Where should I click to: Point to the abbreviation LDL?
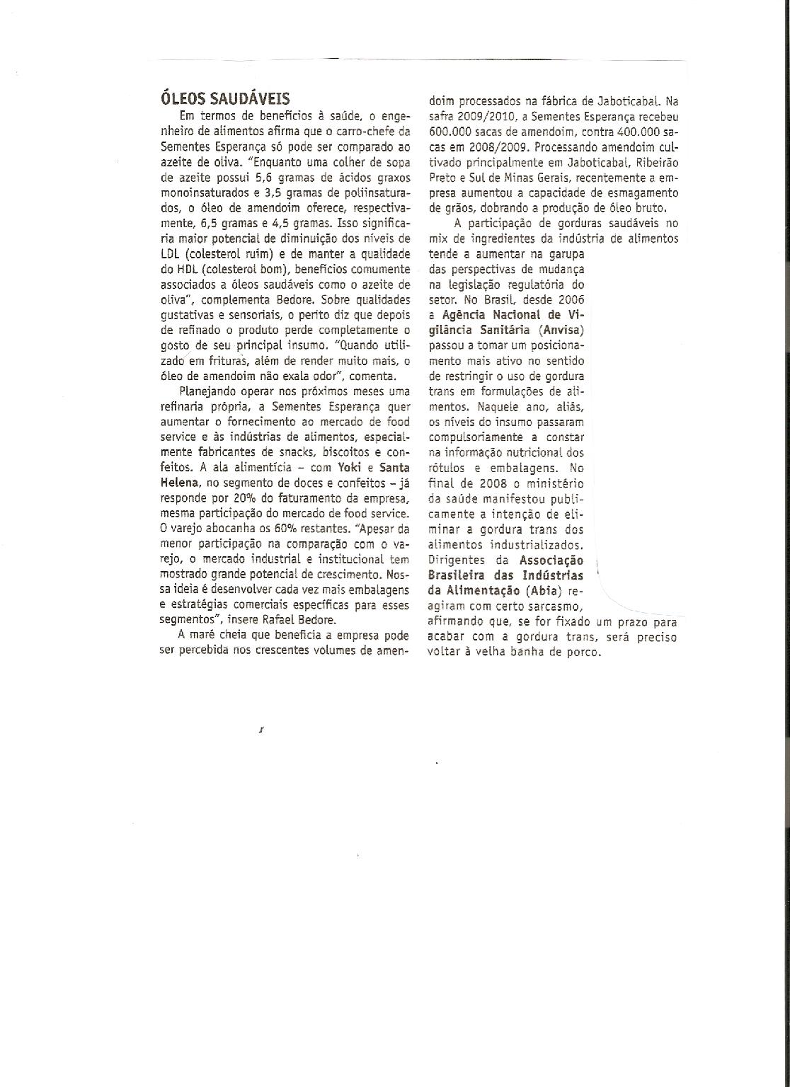[172, 254]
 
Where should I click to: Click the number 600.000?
[448, 132]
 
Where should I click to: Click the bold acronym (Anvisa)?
[561, 330]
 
